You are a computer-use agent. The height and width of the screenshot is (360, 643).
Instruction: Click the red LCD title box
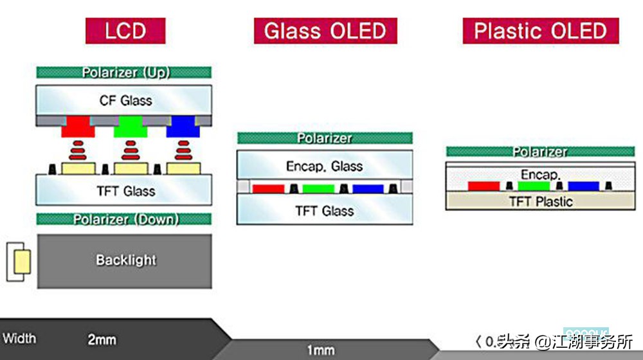coord(125,30)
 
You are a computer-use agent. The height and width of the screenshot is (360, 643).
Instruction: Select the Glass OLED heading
coord(325,30)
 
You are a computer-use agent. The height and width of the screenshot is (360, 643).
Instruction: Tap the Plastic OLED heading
coord(540,30)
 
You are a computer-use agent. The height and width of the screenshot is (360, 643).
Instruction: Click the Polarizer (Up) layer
coord(124,73)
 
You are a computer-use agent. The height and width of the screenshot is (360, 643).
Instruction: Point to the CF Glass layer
coord(124,100)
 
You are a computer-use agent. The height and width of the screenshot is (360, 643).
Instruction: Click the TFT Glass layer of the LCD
coord(124,191)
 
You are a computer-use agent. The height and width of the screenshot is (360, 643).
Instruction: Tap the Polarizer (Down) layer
coord(124,219)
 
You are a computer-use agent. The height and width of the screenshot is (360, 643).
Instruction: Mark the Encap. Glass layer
coord(325,166)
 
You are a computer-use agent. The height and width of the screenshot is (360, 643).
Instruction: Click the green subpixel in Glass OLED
coord(318,188)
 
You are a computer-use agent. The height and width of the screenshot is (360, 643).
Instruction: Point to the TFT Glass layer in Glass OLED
coord(325,211)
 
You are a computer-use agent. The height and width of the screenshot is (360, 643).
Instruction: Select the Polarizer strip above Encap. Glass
coord(325,138)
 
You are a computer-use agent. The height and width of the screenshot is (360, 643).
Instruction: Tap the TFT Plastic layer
coord(540,201)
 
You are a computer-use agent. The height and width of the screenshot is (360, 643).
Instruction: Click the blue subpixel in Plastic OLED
coord(583,186)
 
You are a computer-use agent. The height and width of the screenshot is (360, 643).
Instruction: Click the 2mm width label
coord(102,338)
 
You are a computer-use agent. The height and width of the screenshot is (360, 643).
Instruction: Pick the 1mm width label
coord(320,350)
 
